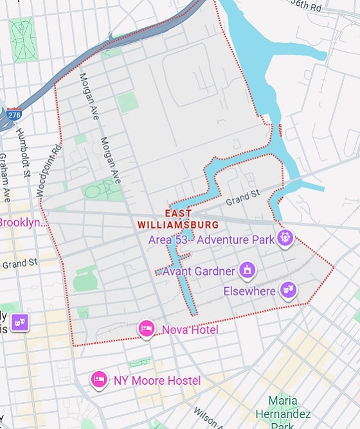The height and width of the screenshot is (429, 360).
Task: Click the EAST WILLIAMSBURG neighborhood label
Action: pos(178,219)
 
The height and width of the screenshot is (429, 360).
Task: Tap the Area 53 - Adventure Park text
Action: pos(211,240)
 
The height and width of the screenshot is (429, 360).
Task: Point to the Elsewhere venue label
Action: pos(249,291)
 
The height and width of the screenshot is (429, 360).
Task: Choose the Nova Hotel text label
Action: pos(190,330)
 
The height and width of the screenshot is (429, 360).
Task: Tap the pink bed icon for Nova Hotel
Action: pos(147,329)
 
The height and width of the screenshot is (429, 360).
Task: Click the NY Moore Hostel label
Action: pos(157,381)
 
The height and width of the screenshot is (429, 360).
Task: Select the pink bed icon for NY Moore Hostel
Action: pos(98,380)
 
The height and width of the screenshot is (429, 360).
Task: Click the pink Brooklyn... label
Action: pos(23,223)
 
